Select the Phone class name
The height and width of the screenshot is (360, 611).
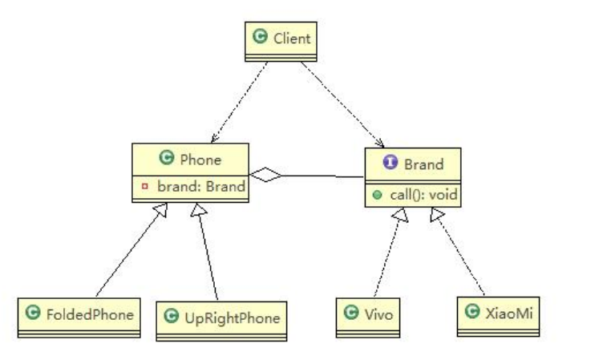[200, 159]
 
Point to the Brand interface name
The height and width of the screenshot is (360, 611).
[423, 164]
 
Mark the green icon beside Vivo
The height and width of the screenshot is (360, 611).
[351, 313]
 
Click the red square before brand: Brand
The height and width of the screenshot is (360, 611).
[144, 185]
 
